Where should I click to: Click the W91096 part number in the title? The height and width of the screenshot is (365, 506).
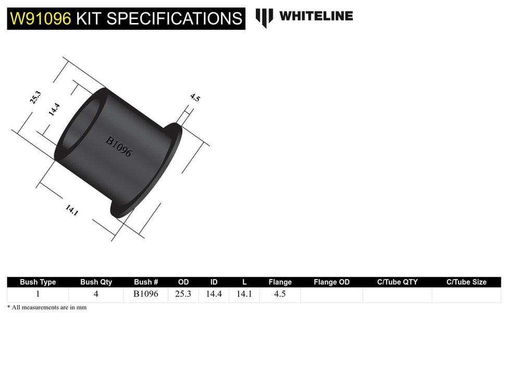pyautogui.click(x=41, y=18)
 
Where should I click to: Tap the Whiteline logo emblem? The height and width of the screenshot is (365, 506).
pyautogui.click(x=264, y=18)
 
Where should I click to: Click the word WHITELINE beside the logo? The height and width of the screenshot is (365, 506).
pyautogui.click(x=316, y=16)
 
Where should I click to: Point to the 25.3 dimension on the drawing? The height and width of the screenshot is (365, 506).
pyautogui.click(x=35, y=98)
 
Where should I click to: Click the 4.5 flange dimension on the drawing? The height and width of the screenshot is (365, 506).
pyautogui.click(x=195, y=98)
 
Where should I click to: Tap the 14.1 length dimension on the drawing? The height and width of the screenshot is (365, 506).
pyautogui.click(x=71, y=210)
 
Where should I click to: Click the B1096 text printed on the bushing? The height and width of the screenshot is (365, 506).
pyautogui.click(x=119, y=147)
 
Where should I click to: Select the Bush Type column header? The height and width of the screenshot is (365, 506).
pyautogui.click(x=38, y=282)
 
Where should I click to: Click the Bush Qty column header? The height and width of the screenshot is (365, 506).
pyautogui.click(x=96, y=282)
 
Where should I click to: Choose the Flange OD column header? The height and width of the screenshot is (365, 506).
pyautogui.click(x=331, y=282)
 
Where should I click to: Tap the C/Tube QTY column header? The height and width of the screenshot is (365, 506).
pyautogui.click(x=397, y=282)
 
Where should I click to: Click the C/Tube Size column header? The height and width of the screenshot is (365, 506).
pyautogui.click(x=466, y=282)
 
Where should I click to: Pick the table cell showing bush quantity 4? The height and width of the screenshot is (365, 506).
pyautogui.click(x=96, y=294)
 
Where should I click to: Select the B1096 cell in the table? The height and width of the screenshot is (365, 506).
pyautogui.click(x=146, y=294)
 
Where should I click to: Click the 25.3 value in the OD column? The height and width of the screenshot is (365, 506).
pyautogui.click(x=183, y=294)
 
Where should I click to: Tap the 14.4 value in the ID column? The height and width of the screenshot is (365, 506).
pyautogui.click(x=214, y=294)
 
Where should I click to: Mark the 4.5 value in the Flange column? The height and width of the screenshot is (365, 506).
pyautogui.click(x=280, y=294)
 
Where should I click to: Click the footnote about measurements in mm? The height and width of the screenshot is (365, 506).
pyautogui.click(x=47, y=308)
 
